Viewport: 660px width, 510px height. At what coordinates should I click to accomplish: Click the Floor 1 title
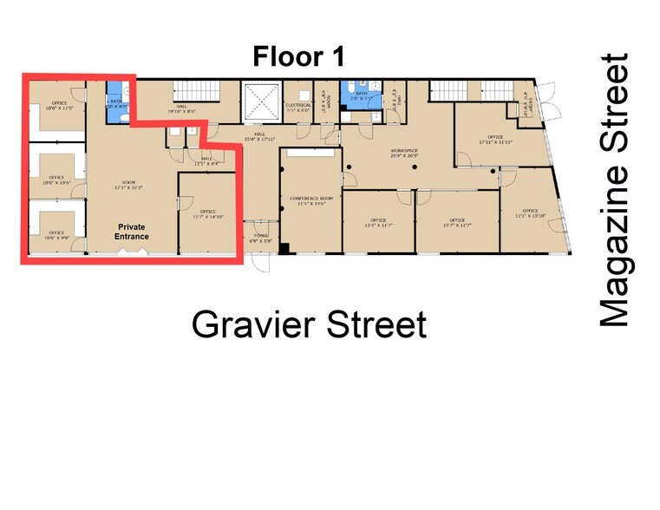coord(299,57)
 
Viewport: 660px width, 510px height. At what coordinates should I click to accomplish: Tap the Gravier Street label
coord(309,325)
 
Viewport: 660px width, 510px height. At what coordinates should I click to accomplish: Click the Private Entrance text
coord(134,232)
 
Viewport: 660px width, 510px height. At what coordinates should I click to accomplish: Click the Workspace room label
coord(403,153)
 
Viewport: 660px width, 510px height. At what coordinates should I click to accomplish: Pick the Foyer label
coord(261,238)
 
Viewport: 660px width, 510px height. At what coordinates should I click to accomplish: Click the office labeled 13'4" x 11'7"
coord(378,222)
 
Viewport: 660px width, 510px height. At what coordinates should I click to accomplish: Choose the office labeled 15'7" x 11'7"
coord(457,222)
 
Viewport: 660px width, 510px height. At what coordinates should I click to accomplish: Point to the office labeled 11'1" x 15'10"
coord(530,213)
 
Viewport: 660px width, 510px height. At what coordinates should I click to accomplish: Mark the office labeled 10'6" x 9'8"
coord(56,234)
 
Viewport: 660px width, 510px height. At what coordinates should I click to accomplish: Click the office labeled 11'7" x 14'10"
coord(207,213)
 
